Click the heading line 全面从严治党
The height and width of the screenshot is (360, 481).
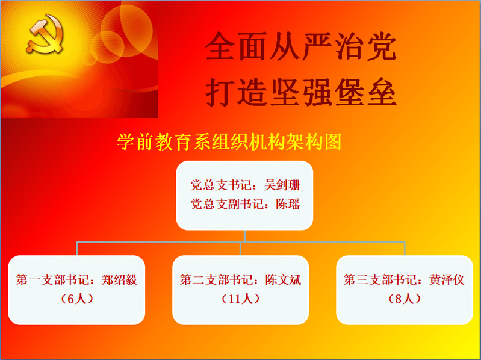301,46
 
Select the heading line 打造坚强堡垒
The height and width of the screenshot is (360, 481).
301,92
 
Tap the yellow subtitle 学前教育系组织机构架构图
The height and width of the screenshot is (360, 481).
229,141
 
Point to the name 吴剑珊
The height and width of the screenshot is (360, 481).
282,185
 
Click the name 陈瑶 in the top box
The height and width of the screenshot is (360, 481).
288,204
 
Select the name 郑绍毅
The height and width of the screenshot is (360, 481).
119,279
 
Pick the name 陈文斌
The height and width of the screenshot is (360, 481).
283,279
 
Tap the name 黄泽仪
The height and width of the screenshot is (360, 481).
447,279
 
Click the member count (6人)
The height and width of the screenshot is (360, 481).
76,299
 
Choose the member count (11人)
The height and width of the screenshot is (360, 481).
241,299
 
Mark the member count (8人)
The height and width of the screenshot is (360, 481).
405,299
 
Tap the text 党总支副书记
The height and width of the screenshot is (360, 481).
227,204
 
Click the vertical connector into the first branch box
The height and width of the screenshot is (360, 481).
76,249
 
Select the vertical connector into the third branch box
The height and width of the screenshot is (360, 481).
405,249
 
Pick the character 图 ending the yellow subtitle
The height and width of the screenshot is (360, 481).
333,141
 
